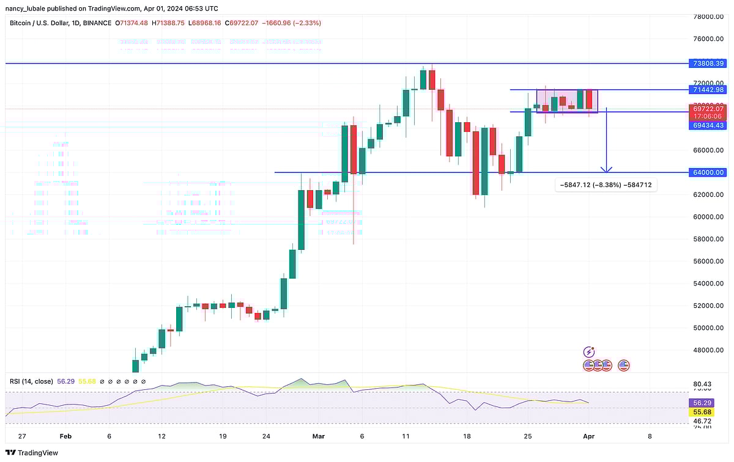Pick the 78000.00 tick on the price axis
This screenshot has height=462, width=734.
click(x=708, y=17)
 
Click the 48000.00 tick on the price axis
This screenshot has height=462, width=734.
click(x=708, y=350)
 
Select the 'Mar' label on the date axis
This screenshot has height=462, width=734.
click(x=318, y=436)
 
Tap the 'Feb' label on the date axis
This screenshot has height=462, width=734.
click(x=65, y=436)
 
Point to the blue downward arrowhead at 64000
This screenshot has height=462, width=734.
click(x=606, y=169)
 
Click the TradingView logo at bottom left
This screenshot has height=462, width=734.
click(x=31, y=453)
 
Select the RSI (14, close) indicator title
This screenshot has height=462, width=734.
click(x=31, y=381)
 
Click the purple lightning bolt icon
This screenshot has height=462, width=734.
click(x=589, y=352)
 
